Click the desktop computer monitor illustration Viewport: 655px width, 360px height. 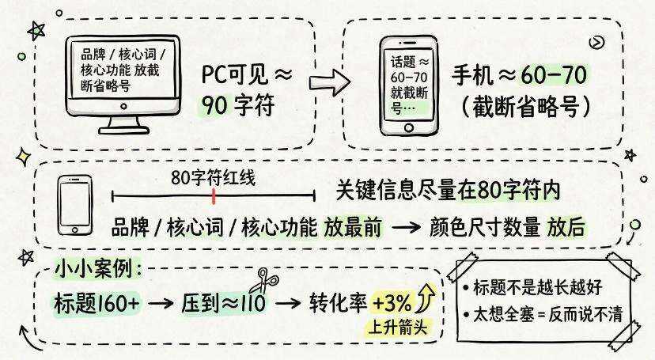coord(123,84)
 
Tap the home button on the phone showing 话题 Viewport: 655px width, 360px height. coord(409,127)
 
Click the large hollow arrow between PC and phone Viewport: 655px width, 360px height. coord(330,81)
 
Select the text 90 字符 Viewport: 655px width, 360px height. coord(237,104)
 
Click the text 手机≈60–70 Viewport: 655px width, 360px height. coord(519,76)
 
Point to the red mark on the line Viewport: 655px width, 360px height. coord(214,196)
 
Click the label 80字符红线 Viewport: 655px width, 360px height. coord(213,178)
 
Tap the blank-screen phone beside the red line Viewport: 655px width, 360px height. coord(75,205)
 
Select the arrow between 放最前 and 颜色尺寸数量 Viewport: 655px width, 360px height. coord(406,228)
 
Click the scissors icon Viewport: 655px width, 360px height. coord(263,281)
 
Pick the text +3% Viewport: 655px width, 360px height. coord(392,302)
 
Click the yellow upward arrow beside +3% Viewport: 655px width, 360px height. coord(426,297)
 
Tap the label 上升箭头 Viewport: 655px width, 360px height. coord(398,327)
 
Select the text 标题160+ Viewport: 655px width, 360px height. coord(97,303)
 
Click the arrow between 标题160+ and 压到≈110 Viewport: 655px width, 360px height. coord(161,303)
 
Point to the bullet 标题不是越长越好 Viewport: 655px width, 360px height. coord(532,287)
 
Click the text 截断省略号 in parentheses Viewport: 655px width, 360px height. coord(526,108)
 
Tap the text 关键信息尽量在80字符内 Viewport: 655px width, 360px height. coord(448,191)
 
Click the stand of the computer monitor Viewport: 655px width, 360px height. coord(124,125)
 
